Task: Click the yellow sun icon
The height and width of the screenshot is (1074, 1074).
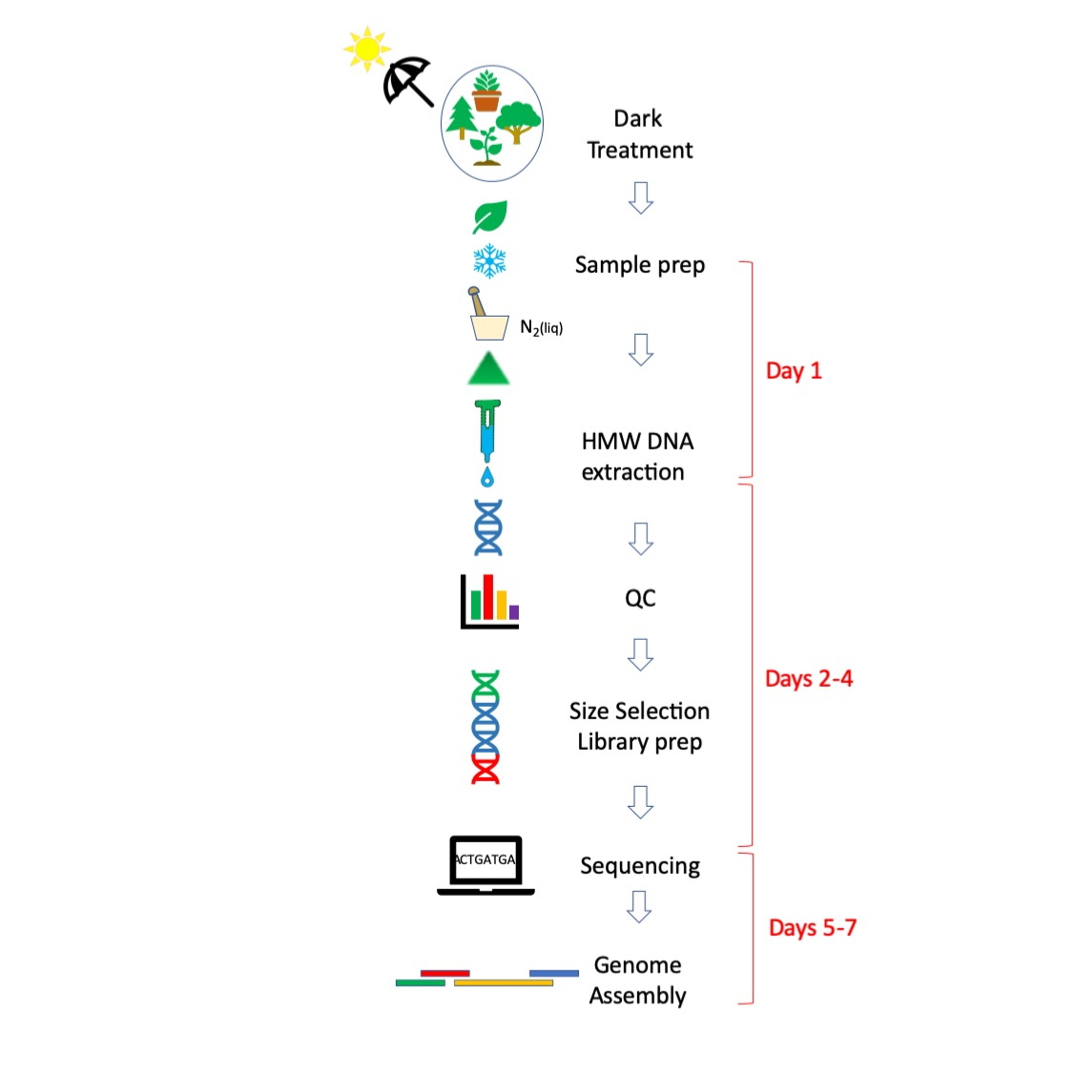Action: [366, 49]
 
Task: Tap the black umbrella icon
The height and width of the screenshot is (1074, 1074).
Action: [407, 80]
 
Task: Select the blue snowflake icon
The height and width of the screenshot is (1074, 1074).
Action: [489, 260]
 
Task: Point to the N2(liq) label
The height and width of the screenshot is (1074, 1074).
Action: [541, 327]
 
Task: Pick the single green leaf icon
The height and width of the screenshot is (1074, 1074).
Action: [489, 217]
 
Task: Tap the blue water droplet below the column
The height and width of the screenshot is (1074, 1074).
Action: [487, 476]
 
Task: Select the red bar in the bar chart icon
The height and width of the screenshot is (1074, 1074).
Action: [488, 596]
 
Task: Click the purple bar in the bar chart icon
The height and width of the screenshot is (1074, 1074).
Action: [514, 611]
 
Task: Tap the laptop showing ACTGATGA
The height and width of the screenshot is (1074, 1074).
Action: [485, 865]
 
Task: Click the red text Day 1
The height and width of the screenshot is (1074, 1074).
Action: [794, 371]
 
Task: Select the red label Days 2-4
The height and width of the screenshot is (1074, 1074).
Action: [809, 679]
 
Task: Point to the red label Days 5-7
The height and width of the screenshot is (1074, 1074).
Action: [812, 928]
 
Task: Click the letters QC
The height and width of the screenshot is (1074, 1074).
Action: [640, 598]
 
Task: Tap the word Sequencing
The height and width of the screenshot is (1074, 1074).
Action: [640, 866]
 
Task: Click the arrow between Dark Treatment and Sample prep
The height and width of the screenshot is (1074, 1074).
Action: [641, 197]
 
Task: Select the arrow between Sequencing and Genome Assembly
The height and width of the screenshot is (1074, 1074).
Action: [639, 906]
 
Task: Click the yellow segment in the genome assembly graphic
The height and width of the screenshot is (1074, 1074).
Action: [503, 982]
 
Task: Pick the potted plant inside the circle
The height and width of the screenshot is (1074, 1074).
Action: [486, 91]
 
